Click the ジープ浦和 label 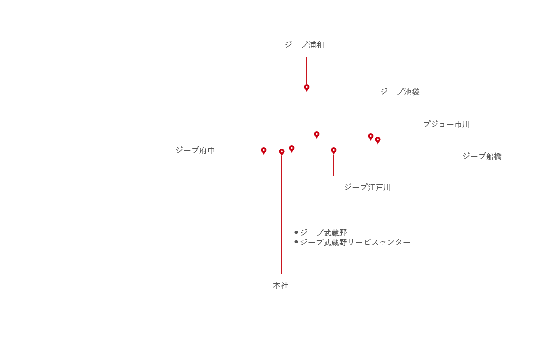(x=304, y=45)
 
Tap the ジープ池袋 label (x=400, y=92)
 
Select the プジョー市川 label (x=446, y=124)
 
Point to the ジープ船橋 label (x=482, y=156)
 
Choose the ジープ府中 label (x=195, y=150)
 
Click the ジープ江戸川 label (x=368, y=187)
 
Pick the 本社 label (x=281, y=285)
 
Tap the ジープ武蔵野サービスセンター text (x=355, y=242)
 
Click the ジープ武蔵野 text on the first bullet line (x=324, y=233)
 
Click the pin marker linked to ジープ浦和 (x=307, y=88)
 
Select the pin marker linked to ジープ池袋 (x=317, y=135)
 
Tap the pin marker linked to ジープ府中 (x=264, y=151)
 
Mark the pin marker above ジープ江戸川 (x=334, y=151)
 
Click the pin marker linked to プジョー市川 (x=371, y=137)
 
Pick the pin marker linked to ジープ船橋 (x=378, y=141)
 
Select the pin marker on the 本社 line (x=282, y=153)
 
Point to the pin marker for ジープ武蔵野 (x=292, y=149)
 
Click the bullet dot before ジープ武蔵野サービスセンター (x=296, y=242)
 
